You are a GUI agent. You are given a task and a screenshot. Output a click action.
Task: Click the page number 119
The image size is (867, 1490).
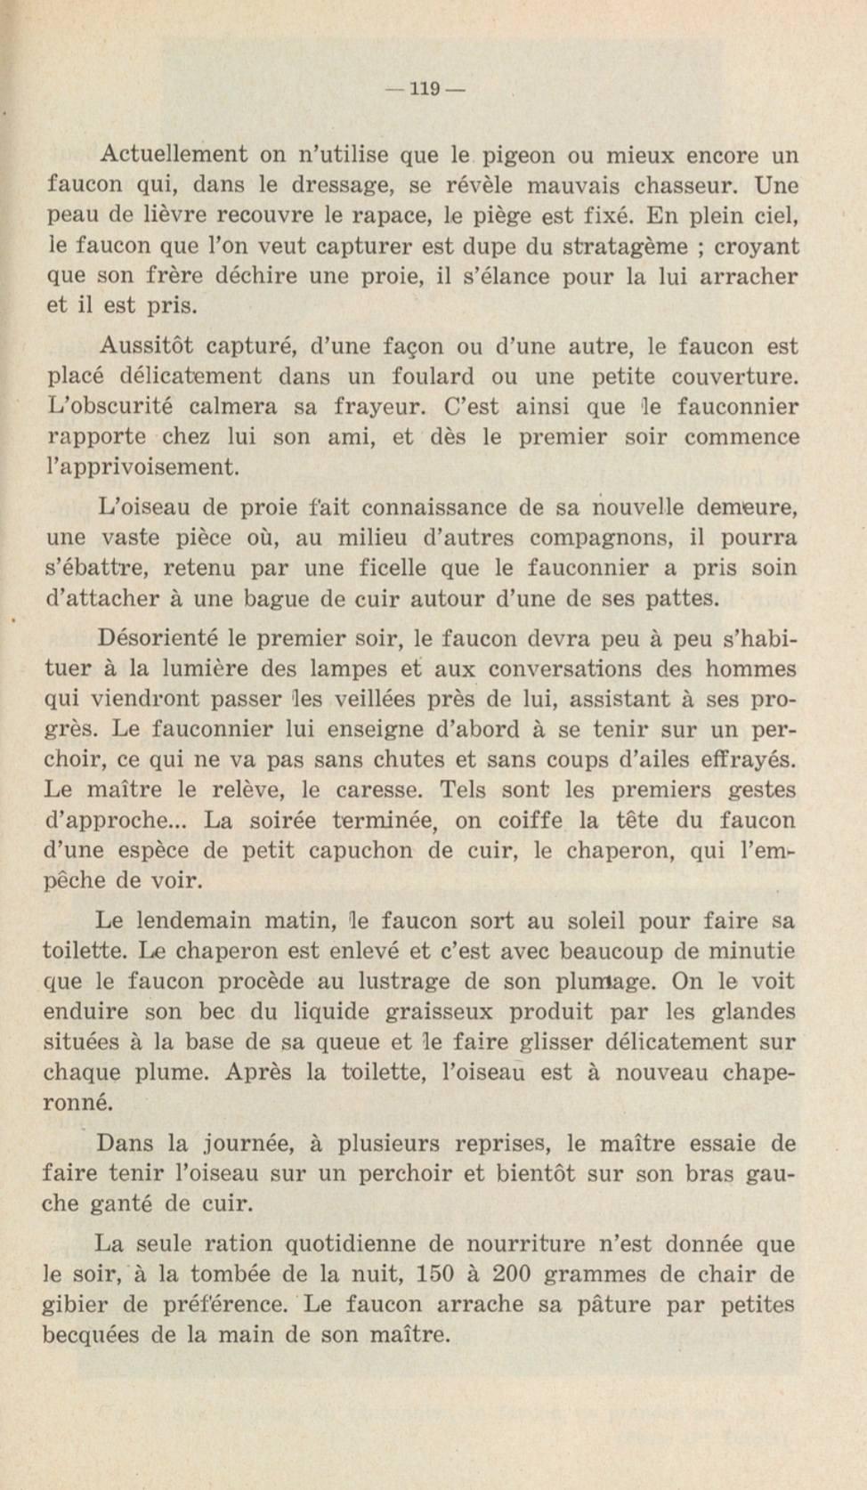click(425, 89)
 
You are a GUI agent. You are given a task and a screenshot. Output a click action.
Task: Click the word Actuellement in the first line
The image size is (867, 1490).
click(174, 155)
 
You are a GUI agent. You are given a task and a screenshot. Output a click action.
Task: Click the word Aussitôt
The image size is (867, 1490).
click(143, 345)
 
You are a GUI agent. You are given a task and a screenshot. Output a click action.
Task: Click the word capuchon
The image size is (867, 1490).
click(361, 850)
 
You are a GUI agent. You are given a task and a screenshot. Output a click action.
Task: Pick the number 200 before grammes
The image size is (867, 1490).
click(511, 1274)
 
